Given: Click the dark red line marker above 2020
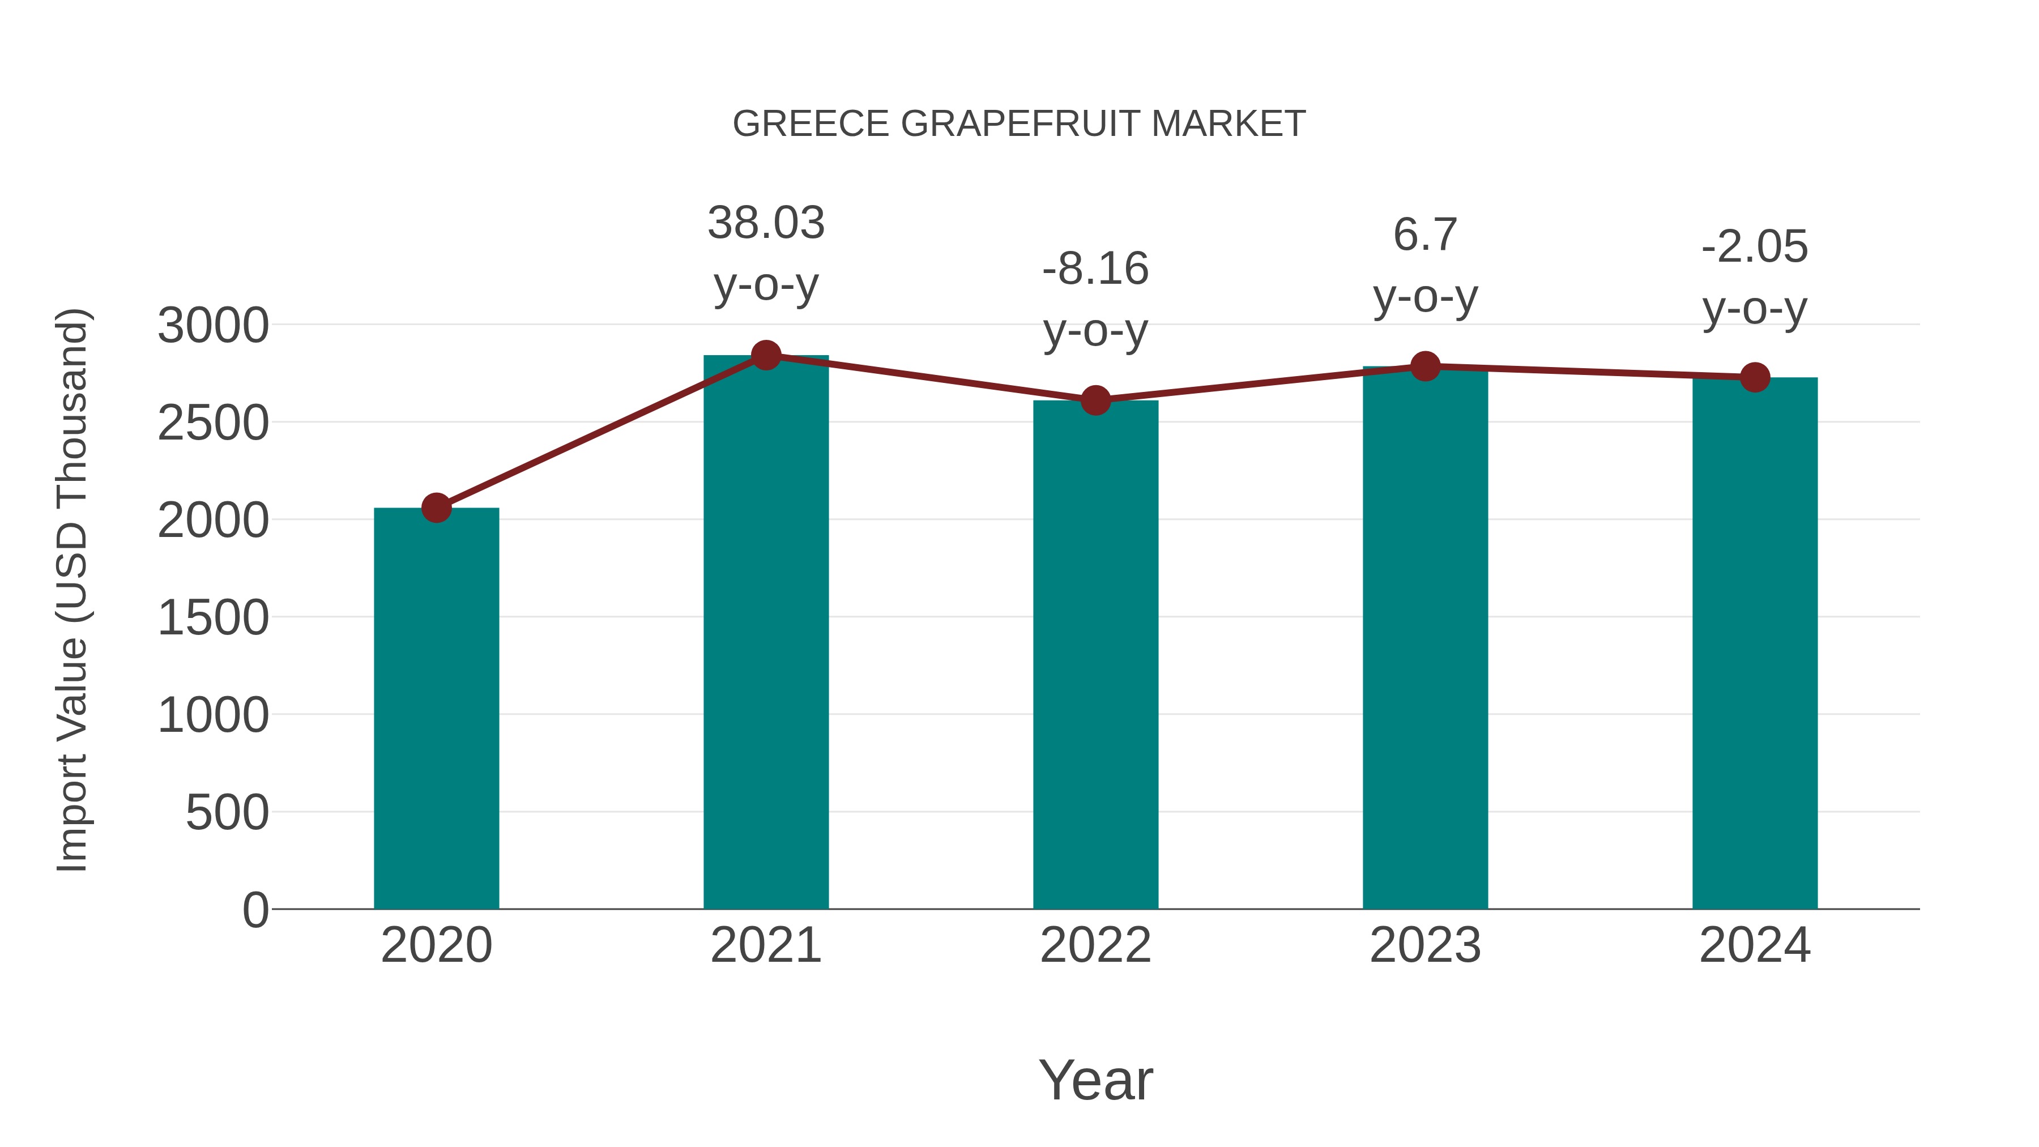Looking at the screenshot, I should (436, 508).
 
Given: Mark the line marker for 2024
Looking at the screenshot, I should (1755, 378).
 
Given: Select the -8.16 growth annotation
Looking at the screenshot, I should (1095, 269).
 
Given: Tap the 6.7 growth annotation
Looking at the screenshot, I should (1425, 235).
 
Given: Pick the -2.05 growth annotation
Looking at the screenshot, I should (1755, 247).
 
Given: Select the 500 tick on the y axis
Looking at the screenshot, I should (227, 812).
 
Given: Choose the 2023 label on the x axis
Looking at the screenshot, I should (1425, 945).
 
